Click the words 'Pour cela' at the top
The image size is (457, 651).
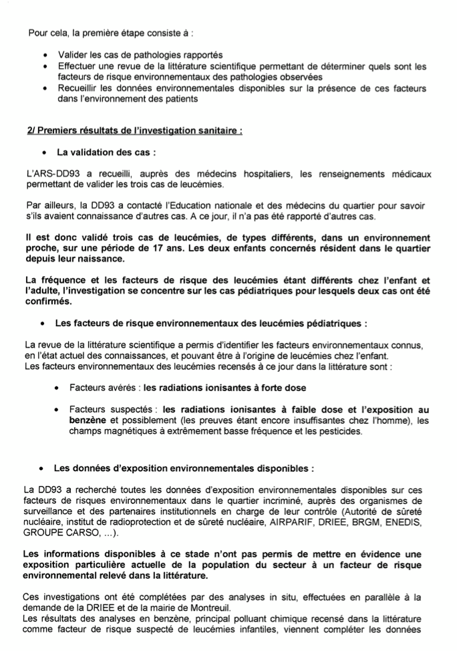click(x=46, y=31)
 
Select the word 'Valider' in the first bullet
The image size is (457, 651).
click(x=73, y=55)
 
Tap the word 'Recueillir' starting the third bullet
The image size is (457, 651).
click(x=80, y=88)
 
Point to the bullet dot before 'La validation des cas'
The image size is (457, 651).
click(x=43, y=152)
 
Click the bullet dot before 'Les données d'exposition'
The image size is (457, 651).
click(x=43, y=468)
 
